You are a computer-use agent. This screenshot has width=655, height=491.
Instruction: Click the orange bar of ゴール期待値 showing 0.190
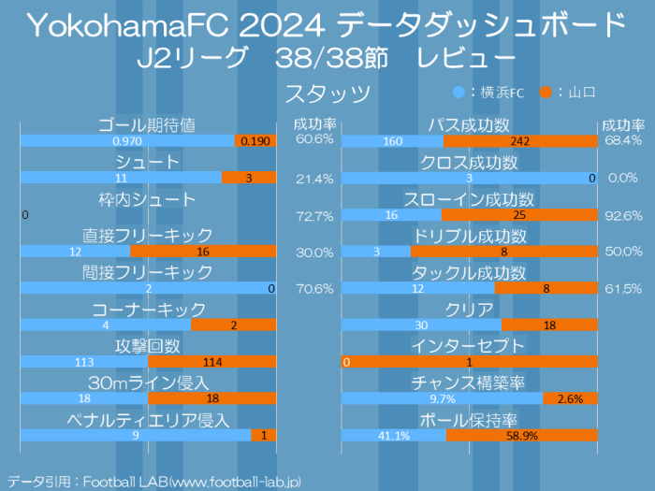tap(255, 141)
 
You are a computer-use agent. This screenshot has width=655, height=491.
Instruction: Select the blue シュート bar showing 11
tap(121, 178)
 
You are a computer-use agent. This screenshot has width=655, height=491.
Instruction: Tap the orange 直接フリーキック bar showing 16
tap(203, 252)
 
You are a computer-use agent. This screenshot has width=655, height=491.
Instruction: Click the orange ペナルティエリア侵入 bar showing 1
tap(264, 435)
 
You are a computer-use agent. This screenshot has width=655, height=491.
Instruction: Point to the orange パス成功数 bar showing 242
tap(520, 141)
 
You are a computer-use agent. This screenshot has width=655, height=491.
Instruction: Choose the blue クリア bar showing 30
tap(421, 325)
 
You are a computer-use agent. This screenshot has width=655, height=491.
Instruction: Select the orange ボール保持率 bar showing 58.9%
tap(522, 435)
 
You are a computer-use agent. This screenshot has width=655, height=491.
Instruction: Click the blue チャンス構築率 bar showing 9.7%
tap(442, 398)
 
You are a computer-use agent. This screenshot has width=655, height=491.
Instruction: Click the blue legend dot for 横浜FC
tap(458, 93)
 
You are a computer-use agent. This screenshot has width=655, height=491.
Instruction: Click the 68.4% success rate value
tap(623, 140)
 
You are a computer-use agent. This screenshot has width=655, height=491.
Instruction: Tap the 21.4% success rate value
tap(314, 178)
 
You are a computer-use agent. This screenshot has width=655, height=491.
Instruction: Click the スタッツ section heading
tap(327, 94)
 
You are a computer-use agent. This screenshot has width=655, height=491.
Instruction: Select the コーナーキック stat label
tap(148, 309)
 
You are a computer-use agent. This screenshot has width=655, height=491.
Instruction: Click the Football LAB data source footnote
tap(154, 481)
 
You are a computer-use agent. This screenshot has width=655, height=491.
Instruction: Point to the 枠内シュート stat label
tap(148, 199)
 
